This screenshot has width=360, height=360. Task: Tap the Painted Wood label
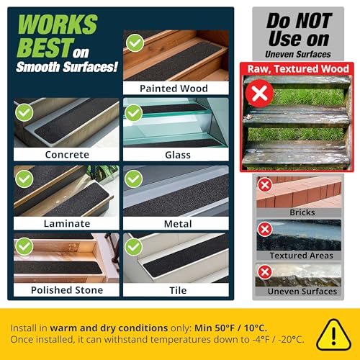[174, 89]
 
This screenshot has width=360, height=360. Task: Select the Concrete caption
[66, 154]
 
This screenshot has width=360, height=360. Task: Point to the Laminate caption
[66, 224]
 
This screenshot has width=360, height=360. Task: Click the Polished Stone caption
[66, 290]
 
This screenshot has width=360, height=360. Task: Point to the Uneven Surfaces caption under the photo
[302, 291]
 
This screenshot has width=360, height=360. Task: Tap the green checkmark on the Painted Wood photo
[135, 43]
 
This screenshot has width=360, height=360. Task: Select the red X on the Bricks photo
[265, 184]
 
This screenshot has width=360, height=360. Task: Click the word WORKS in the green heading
[57, 24]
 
